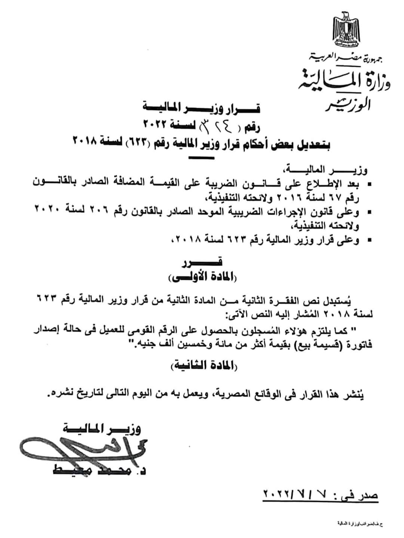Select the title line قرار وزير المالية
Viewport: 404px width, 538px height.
click(x=202, y=109)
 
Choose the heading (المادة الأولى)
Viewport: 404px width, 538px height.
click(x=202, y=278)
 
